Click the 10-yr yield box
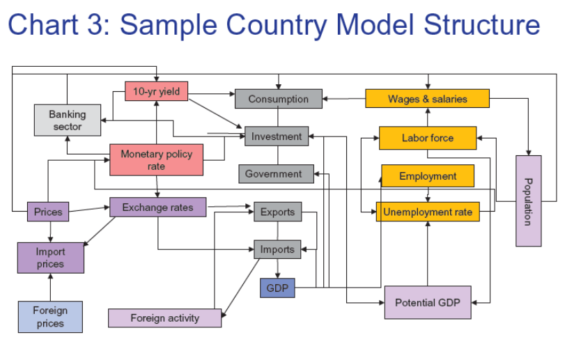157,91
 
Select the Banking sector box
68,120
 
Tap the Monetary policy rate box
157,160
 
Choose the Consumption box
279,99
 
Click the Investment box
277,136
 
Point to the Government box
273,174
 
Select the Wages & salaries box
428,99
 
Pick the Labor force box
428,138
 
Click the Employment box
428,176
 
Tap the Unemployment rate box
428,212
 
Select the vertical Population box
528,201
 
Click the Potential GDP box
428,302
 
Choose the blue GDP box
277,288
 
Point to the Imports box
277,249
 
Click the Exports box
277,212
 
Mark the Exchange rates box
157,208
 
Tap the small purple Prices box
48,212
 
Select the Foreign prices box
50,317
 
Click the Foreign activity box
165,318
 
